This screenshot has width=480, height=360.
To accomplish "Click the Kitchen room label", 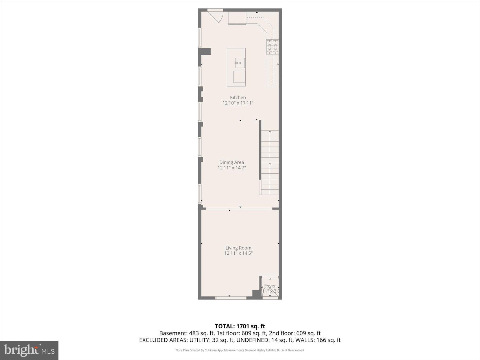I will point(238,98).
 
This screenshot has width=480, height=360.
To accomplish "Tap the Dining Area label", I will point(232,162).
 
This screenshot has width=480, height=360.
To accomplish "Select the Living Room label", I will point(238,248).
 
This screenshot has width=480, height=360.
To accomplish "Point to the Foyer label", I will point(270,286).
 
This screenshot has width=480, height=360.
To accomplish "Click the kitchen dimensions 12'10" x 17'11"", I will point(238,103).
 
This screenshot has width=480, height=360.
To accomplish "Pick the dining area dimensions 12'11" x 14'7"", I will point(232,168).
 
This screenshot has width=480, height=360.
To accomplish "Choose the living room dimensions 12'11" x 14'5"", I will point(238,253).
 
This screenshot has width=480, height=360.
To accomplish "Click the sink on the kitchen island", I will point(240,63).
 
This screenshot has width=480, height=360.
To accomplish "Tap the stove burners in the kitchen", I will point(272,47).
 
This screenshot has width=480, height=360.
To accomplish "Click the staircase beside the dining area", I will point(270,162).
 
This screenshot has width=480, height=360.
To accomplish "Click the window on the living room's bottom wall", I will point(231,298).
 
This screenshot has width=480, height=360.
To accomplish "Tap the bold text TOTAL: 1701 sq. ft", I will point(240,326).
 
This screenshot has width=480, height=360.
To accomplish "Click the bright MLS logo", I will point(29,350).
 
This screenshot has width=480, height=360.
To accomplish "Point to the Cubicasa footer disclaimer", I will point(240,350).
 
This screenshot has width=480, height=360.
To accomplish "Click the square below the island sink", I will point(239,77).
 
